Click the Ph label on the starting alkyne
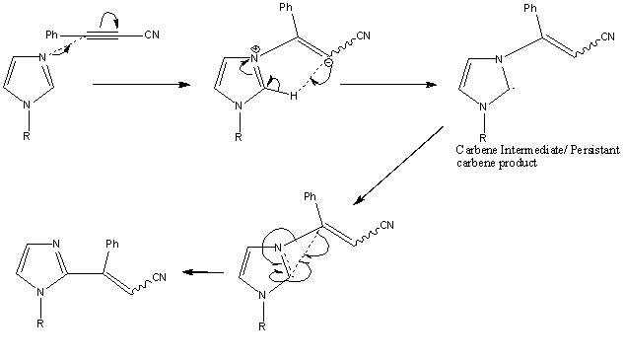[x=51, y=36]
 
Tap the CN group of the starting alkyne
[x=152, y=35]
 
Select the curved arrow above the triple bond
[x=108, y=19]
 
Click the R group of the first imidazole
[x=27, y=136]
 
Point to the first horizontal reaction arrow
[x=141, y=85]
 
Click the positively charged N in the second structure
[x=254, y=58]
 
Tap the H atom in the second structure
[x=294, y=96]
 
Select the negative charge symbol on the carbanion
[x=328, y=62]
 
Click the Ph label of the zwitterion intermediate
[x=286, y=8]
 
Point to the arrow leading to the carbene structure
[x=388, y=85]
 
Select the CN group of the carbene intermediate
[x=607, y=36]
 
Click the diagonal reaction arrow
[x=398, y=166]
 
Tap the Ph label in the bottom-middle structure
[x=310, y=196]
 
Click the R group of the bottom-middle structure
[x=262, y=326]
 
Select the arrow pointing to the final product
[x=203, y=272]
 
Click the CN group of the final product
[x=159, y=277]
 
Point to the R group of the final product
[x=39, y=324]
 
